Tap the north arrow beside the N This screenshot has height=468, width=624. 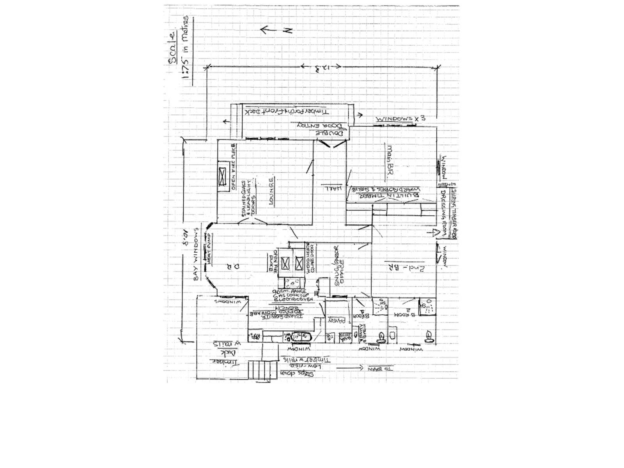tap(269, 30)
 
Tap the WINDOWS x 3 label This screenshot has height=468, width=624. tap(399, 119)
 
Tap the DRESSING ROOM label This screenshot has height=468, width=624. tap(444, 212)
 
